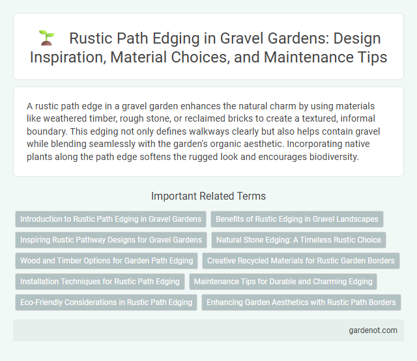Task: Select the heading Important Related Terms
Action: click(x=208, y=195)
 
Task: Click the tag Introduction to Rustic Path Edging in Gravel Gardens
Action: click(x=110, y=220)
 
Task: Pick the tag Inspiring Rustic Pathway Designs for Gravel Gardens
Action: click(x=111, y=240)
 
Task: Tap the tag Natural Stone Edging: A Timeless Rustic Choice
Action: click(x=299, y=240)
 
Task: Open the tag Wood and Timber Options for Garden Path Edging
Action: click(x=107, y=261)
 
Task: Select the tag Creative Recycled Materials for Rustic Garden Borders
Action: click(x=300, y=261)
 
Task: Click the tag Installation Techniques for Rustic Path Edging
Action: click(x=100, y=282)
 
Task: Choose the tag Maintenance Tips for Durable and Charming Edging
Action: click(x=283, y=282)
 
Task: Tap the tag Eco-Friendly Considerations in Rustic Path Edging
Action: click(x=106, y=302)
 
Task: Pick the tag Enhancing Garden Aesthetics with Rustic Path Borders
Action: click(x=300, y=302)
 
